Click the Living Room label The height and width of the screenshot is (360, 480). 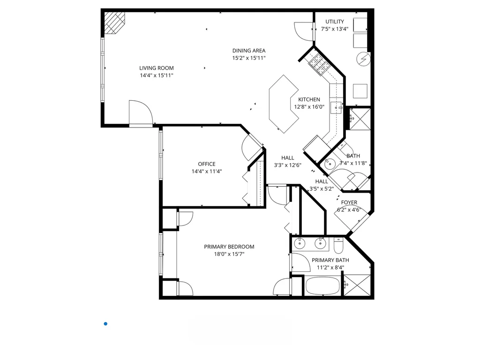[156, 68]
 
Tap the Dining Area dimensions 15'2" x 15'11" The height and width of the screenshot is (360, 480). [249, 58]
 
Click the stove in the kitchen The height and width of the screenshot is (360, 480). [318, 64]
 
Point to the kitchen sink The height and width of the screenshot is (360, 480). [336, 107]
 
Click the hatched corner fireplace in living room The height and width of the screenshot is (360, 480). [114, 22]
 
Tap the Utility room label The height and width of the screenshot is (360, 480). [335, 22]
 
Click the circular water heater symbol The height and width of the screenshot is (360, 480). [363, 59]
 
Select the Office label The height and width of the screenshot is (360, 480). [207, 164]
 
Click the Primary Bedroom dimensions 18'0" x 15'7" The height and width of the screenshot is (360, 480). [229, 255]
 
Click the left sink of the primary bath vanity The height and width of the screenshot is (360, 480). [299, 243]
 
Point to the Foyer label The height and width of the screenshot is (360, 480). [349, 202]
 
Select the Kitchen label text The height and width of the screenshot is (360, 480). [309, 99]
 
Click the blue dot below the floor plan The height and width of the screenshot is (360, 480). [105, 323]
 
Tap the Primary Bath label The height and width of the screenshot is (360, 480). [330, 260]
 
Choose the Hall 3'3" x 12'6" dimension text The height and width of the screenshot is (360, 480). [287, 165]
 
